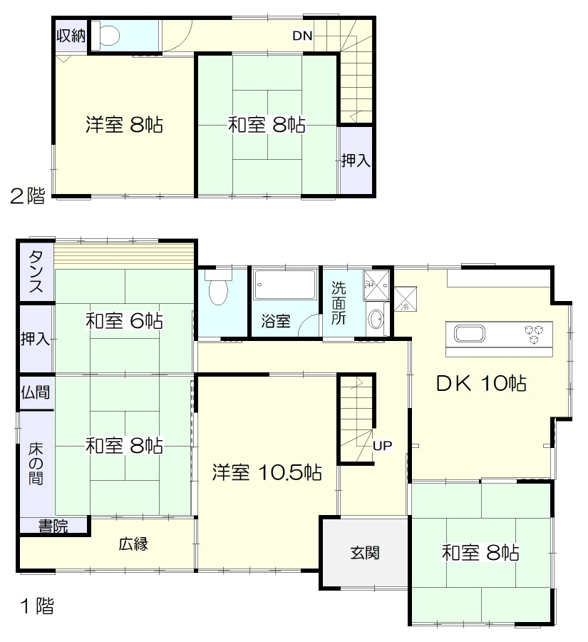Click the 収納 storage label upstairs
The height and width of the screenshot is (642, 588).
coord(71,36)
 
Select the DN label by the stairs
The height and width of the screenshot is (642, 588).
coord(302,36)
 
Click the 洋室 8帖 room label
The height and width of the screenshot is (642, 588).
coord(125,126)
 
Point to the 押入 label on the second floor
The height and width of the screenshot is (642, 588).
coord(355,160)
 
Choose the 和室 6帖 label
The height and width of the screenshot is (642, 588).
coord(125,321)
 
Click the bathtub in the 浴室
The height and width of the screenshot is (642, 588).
coord(284,285)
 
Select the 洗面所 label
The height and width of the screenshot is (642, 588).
coord(339,303)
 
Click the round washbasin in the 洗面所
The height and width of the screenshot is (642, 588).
coord(377,320)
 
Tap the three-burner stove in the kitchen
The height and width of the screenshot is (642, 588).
coord(537,332)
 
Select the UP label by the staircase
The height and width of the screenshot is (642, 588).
coord(383,446)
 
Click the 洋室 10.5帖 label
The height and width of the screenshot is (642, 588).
coord(267,472)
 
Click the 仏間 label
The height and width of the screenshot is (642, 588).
coord(36,392)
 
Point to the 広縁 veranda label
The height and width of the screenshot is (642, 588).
coord(133,544)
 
